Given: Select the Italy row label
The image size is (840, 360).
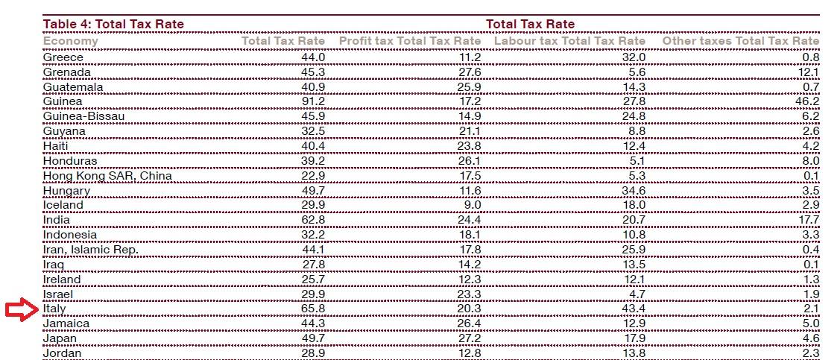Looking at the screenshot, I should click(54, 309).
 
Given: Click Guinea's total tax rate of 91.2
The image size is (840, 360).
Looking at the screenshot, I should click(312, 101).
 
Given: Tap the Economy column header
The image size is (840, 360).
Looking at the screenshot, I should click(71, 41).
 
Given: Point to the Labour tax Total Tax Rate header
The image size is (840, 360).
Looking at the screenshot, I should click(569, 41).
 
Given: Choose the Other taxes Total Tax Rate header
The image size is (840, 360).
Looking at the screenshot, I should click(740, 41).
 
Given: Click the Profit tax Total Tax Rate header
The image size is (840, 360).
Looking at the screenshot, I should click(410, 41).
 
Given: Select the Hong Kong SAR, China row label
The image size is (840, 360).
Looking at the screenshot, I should click(107, 176).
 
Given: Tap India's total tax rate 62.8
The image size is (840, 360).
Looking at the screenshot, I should click(312, 220).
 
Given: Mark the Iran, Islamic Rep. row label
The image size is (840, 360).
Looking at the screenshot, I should click(91, 250).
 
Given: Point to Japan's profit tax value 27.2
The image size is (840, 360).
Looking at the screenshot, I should click(469, 339).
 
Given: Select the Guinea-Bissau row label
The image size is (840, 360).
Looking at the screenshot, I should click(83, 116).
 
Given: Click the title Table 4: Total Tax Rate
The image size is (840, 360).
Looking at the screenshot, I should click(113, 24).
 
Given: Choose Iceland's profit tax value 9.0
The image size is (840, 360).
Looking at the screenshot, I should click(473, 205).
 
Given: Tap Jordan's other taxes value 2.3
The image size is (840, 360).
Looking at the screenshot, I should click(810, 353).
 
